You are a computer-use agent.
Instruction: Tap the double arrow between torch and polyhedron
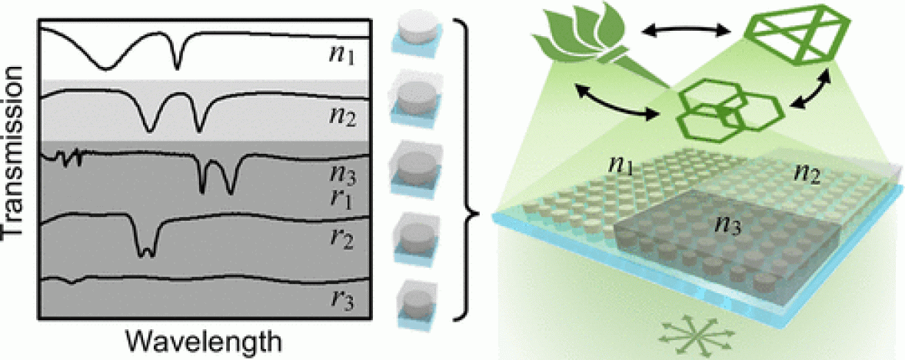click(686, 30)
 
